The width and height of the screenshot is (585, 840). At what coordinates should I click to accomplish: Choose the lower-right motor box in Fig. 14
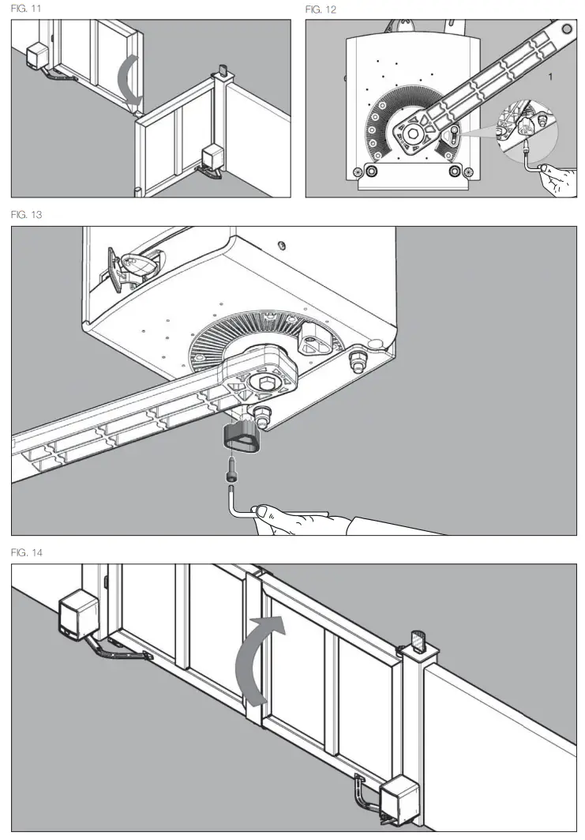tap(402, 800)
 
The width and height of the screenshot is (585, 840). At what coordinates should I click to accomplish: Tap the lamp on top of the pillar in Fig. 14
tap(419, 641)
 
